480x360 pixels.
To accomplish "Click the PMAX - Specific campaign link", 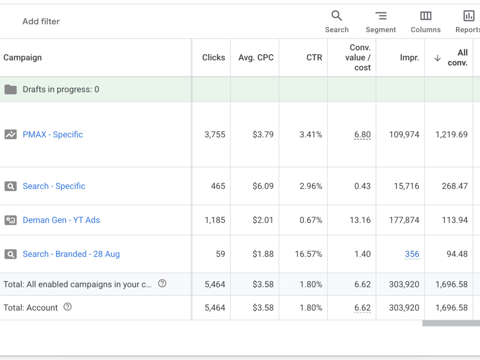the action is (x=53, y=134).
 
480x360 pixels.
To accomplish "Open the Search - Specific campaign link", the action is (x=54, y=186).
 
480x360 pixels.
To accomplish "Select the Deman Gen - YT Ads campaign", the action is (x=61, y=220).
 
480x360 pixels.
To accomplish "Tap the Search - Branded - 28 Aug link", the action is (x=71, y=254).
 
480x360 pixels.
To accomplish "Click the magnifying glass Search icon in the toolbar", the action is (x=336, y=15).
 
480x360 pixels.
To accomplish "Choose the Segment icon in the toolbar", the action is (x=381, y=16).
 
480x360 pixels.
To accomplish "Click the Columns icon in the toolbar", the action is (x=425, y=16).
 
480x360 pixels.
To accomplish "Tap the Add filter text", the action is (x=41, y=22).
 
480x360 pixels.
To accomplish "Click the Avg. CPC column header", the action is (x=256, y=58).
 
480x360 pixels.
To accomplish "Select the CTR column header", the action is (x=314, y=58).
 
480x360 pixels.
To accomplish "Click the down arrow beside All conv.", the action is (x=437, y=58).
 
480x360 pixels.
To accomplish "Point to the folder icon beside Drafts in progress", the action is (x=11, y=89).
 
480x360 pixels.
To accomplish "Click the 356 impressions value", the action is (x=412, y=254).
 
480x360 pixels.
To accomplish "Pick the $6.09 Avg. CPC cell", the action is (x=263, y=186).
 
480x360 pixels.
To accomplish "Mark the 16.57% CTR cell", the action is (x=309, y=254).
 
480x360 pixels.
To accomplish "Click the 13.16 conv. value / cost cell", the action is (x=360, y=220).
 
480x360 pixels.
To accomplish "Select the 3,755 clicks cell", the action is (x=215, y=134).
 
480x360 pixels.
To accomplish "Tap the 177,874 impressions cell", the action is (x=404, y=220).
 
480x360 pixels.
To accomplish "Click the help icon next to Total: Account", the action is (x=67, y=307).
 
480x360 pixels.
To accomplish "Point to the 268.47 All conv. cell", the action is (x=455, y=186).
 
